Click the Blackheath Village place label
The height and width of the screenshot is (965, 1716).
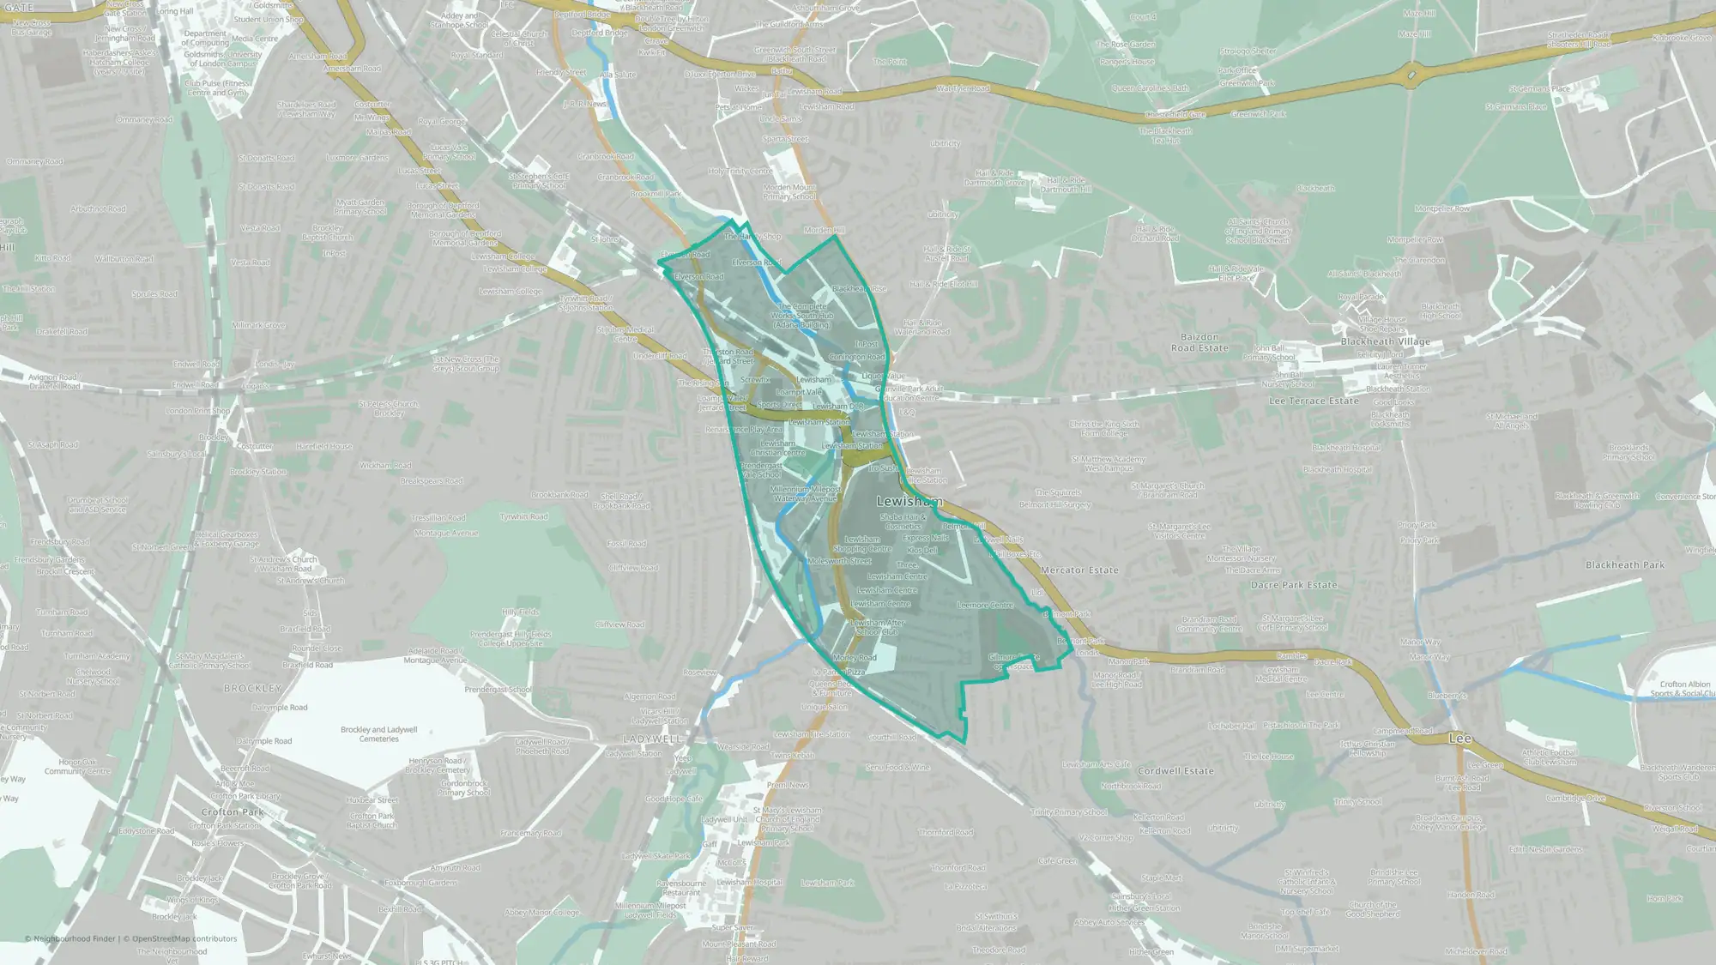coord(1385,341)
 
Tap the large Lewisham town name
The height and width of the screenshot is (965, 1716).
coord(909,501)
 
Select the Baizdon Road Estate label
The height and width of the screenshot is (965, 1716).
coord(1199,342)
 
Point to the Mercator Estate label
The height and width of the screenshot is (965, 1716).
coord(1079,570)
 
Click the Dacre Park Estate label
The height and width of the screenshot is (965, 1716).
coord(1294,585)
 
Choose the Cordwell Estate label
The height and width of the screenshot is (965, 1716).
coord(1175,771)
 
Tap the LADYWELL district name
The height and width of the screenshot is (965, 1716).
coord(651,739)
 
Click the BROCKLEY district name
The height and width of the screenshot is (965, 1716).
coord(252,688)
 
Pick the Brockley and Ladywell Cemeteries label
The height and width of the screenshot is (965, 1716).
coord(378,734)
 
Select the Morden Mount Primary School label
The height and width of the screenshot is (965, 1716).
coord(789,191)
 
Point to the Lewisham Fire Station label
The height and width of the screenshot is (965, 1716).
coord(812,734)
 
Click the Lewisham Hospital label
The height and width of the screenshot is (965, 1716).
coord(750,882)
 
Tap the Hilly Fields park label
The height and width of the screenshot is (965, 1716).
coord(520,612)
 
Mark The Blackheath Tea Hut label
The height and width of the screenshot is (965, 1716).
coord(1165,136)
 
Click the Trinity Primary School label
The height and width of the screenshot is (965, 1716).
coord(1069,812)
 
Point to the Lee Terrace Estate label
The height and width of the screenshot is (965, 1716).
coord(1314,401)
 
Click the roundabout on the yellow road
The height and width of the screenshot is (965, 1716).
coord(1412,75)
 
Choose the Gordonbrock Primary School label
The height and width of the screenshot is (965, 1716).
coord(464,787)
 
